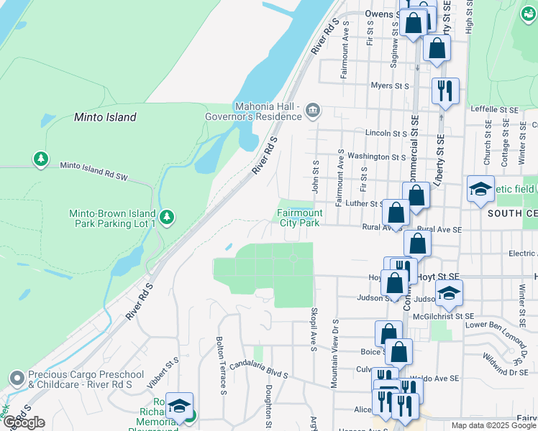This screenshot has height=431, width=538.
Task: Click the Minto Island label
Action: point(105,116)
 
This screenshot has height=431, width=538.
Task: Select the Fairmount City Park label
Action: point(299,218)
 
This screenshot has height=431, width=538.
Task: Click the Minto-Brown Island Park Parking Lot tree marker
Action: point(167,216)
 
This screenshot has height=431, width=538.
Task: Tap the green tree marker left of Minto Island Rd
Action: point(41,158)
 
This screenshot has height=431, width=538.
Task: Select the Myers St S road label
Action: point(390,86)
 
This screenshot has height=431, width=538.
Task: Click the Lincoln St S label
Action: point(386,134)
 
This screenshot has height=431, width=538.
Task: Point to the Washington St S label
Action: point(377,156)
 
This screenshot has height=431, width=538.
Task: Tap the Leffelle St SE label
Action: point(494,109)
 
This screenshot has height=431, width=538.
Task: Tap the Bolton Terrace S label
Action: point(221,366)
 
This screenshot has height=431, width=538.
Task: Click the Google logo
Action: point(24,422)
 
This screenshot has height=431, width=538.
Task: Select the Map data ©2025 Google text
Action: point(493,425)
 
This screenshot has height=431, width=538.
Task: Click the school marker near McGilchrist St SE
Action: point(449,293)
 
